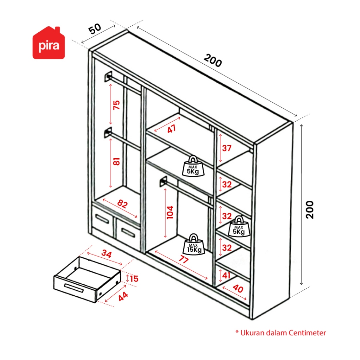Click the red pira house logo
pyautogui.click(x=49, y=43)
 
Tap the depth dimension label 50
pyautogui.click(x=95, y=29)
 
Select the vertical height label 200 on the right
pyautogui.click(x=310, y=210)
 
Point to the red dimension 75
pyautogui.click(x=116, y=105)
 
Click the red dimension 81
pyautogui.click(x=116, y=161)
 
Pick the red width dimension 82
pyautogui.click(x=122, y=204)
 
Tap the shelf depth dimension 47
pyautogui.click(x=172, y=129)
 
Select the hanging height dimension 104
pyautogui.click(x=170, y=212)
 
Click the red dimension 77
pyautogui.click(x=184, y=259)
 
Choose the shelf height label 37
pyautogui.click(x=227, y=148)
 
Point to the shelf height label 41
pyautogui.click(x=226, y=275)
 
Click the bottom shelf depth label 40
pyautogui.click(x=238, y=289)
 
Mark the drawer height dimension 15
pyautogui.click(x=134, y=279)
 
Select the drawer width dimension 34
pyautogui.click(x=107, y=254)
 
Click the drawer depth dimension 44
pyautogui.click(x=123, y=296)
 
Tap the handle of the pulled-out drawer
pyautogui.click(x=74, y=288)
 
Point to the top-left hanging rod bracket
pyautogui.click(x=108, y=76)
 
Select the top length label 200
pyautogui.click(x=213, y=60)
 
